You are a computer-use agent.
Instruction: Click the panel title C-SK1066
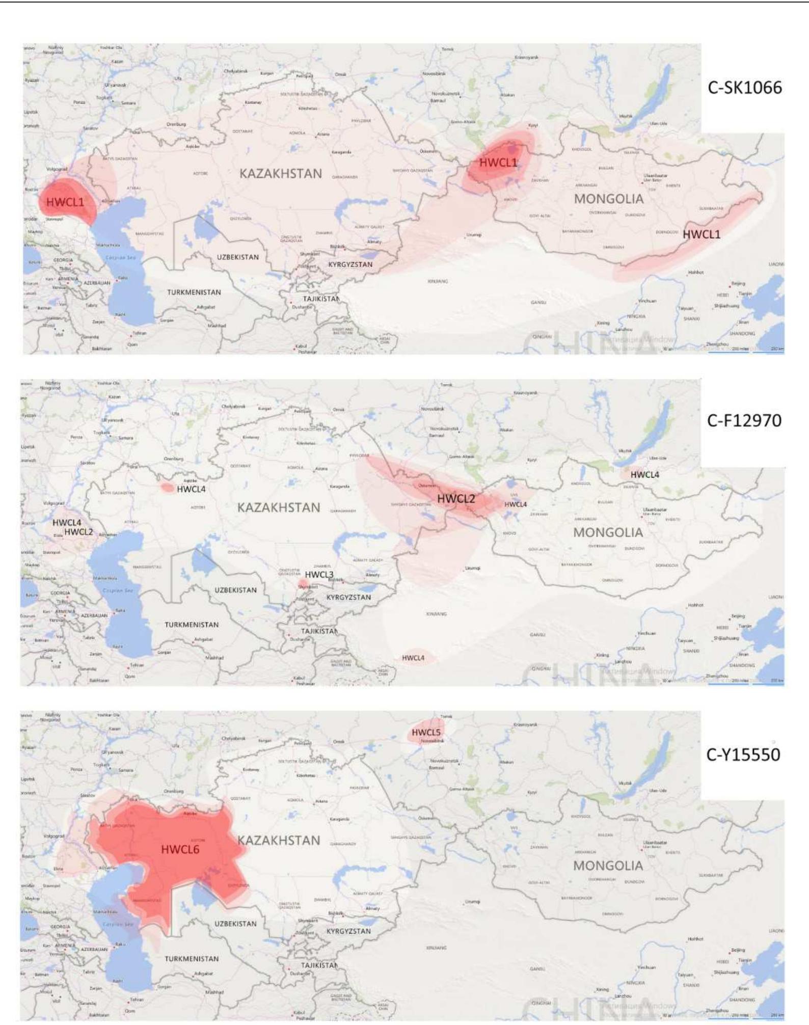(744, 88)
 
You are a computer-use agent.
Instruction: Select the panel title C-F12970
(744, 421)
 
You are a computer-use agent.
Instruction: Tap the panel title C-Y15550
(743, 754)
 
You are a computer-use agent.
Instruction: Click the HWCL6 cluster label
(180, 849)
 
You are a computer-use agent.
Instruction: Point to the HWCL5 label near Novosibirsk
(426, 733)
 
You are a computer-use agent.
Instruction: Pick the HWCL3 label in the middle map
(319, 575)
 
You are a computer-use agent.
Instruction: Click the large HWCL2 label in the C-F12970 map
(456, 499)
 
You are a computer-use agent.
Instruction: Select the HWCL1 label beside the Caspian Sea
(65, 202)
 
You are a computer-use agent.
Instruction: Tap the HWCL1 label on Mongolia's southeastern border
(701, 234)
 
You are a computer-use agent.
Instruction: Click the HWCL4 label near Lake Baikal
(644, 475)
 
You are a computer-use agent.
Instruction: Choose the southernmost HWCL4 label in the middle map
(413, 658)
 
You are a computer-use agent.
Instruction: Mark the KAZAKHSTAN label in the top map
(281, 174)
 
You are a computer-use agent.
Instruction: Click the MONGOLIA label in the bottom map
(608, 866)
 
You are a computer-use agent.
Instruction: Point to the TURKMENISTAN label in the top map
(194, 292)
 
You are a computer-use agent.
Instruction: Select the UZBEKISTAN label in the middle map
(235, 590)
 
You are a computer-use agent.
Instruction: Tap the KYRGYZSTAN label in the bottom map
(348, 931)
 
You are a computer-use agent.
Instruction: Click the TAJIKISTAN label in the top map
(321, 299)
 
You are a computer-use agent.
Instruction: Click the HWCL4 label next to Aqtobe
(191, 489)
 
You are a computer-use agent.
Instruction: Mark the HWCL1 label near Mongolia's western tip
(498, 163)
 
